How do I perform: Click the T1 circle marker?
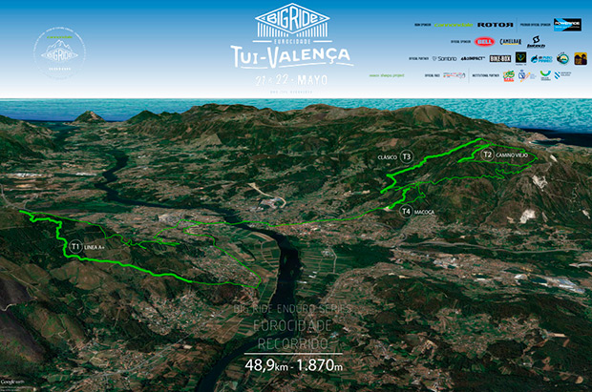tap(74, 246)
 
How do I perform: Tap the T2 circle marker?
tap(487, 154)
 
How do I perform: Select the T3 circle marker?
tap(406, 156)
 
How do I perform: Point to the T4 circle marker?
tap(406, 211)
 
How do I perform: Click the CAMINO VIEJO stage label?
tap(512, 155)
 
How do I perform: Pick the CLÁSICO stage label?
tap(387, 156)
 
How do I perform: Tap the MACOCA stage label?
tap(425, 211)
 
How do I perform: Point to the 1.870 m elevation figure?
tap(321, 363)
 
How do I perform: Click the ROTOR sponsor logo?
tap(496, 24)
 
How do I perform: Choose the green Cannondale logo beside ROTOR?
tap(454, 24)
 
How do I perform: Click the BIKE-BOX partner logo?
tap(499, 58)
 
